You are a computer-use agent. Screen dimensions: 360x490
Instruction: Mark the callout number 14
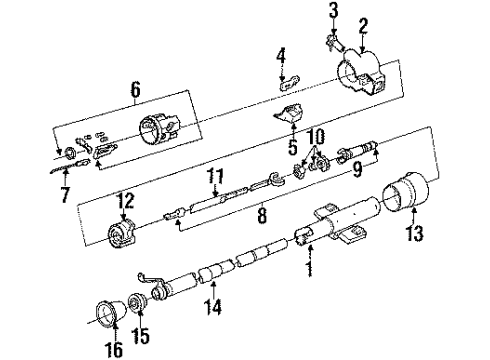(x=212, y=307)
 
